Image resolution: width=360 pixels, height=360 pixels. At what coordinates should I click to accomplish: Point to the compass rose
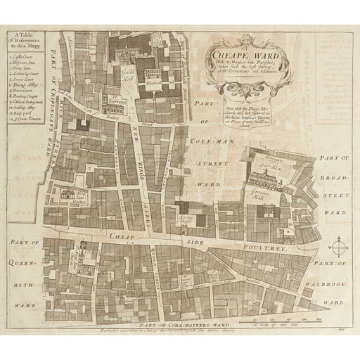(x=338, y=247)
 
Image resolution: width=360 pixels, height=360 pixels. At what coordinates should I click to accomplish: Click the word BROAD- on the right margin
(x=331, y=187)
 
